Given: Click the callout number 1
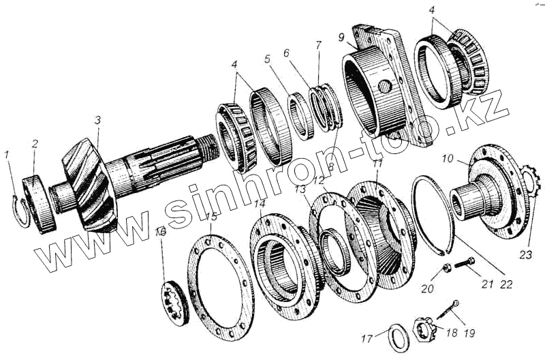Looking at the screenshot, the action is pyautogui.click(x=7, y=154).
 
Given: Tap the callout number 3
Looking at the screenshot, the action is pyautogui.click(x=97, y=120).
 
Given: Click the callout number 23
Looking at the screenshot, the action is pyautogui.click(x=525, y=256).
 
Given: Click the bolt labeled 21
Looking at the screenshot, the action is pyautogui.click(x=467, y=262).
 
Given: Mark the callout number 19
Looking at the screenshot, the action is pyautogui.click(x=469, y=333).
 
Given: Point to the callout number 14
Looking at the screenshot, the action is pyautogui.click(x=260, y=203).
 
